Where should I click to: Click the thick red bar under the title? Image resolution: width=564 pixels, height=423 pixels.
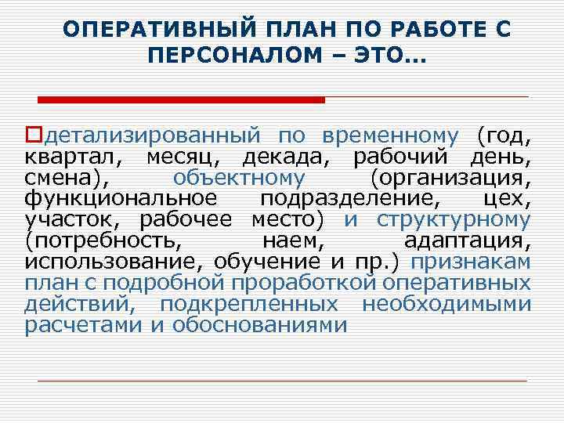(181, 100)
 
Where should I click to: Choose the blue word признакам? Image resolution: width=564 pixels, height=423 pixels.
(472, 262)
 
